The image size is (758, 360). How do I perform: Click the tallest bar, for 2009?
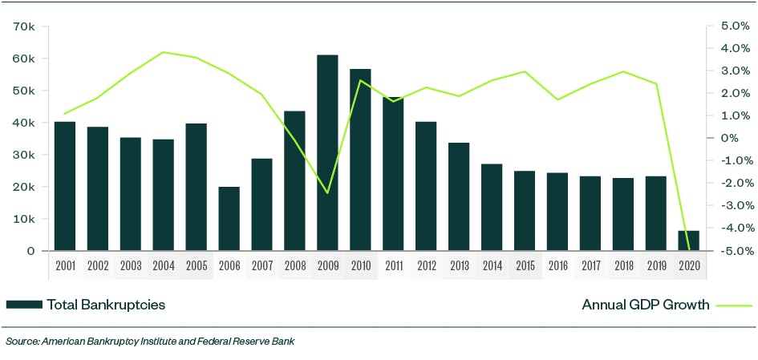pyautogui.click(x=327, y=152)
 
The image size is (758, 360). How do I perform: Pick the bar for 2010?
pyautogui.click(x=360, y=160)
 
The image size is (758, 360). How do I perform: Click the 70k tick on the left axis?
pyautogui.click(x=24, y=26)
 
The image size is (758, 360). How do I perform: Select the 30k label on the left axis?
pyautogui.click(x=24, y=155)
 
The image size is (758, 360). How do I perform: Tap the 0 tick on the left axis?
pyautogui.click(x=30, y=251)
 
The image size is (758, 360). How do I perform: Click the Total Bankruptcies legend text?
pyautogui.click(x=106, y=305)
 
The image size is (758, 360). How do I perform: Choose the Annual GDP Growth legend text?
pyautogui.click(x=645, y=305)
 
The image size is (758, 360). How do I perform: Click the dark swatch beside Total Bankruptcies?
pyautogui.click(x=23, y=305)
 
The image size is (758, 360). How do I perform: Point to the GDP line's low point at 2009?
pyautogui.click(x=327, y=192)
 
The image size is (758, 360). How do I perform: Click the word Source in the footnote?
pyautogui.click(x=22, y=342)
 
